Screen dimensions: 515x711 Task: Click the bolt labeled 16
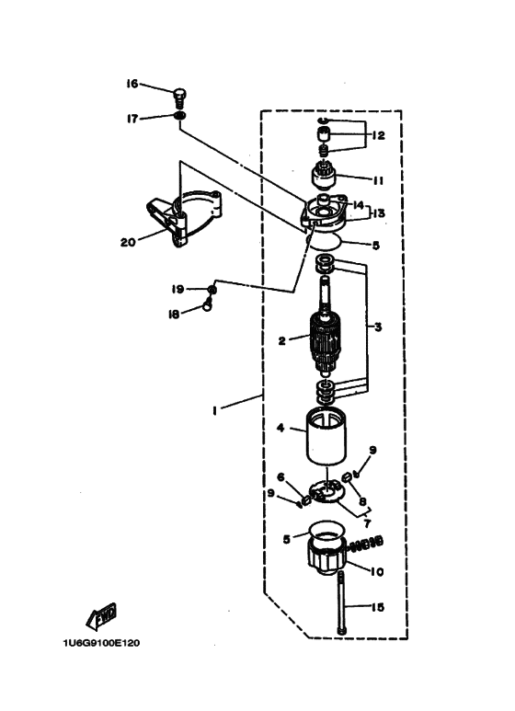pos(180,97)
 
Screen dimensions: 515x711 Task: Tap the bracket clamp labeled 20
pos(184,217)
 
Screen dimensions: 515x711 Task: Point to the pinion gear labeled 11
pos(325,175)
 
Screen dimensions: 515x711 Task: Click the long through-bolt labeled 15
pos(341,602)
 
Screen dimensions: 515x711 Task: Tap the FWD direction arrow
pos(101,616)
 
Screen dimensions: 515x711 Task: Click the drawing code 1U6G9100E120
pos(101,643)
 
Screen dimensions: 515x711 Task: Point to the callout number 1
pos(215,411)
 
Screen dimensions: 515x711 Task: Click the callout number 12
pos(378,135)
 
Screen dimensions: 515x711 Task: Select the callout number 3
pos(378,327)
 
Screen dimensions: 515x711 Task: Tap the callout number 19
pos(177,289)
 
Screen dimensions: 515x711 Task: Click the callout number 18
pos(174,314)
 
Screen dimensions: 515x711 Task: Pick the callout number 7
pos(367,523)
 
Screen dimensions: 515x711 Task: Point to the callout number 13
pos(378,212)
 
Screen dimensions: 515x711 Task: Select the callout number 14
pos(358,205)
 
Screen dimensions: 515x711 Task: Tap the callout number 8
pos(362,501)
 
